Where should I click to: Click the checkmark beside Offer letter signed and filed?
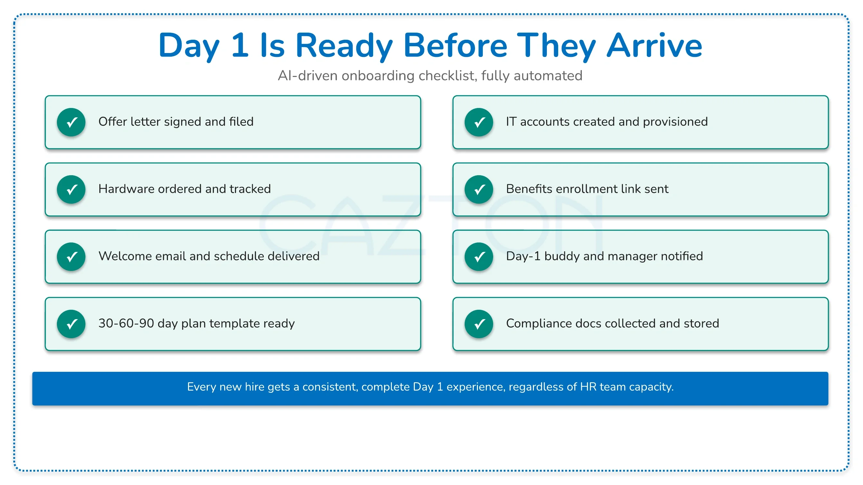(72, 122)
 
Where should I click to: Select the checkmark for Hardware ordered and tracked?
(72, 189)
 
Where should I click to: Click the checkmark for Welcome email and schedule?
(72, 257)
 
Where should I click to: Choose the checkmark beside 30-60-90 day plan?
(72, 324)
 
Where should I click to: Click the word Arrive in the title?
(654, 46)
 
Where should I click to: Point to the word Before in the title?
(456, 46)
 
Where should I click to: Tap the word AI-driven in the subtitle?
(308, 76)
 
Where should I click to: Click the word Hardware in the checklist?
(127, 189)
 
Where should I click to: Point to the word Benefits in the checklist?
(529, 189)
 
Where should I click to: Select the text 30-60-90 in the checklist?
(126, 323)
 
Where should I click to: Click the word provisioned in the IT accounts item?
(675, 122)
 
